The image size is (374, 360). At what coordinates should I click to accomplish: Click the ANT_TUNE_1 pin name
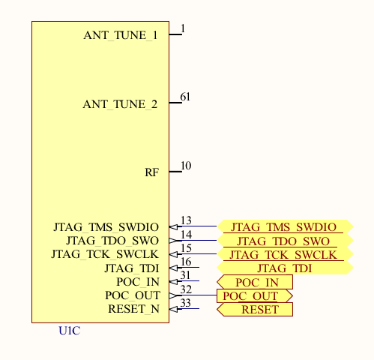120,35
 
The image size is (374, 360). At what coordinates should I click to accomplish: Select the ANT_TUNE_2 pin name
120,104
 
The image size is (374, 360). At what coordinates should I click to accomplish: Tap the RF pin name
151,172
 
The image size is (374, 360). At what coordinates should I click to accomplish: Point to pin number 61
185,97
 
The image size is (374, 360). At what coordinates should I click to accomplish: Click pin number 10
186,166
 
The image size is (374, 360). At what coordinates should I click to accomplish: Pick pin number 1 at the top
183,28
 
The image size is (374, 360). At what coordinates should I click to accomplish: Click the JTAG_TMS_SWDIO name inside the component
106,226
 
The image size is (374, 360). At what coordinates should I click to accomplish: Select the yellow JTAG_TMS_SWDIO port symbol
284,226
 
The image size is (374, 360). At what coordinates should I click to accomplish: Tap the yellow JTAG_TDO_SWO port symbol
284,241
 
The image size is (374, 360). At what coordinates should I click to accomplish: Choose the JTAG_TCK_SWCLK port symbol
284,254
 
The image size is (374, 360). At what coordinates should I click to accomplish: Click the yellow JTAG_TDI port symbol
284,268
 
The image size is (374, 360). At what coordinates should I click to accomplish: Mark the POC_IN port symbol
256,282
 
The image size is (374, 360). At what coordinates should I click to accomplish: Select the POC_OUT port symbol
254,295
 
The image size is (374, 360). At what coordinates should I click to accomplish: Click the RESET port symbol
256,309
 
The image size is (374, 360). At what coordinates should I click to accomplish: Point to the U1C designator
69,331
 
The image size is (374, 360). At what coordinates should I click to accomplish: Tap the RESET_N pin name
133,309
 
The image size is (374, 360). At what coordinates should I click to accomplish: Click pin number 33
186,303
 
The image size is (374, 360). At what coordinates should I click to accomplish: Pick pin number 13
186,220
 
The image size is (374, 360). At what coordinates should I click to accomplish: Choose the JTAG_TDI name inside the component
131,268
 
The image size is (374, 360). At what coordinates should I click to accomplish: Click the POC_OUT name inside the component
132,295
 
